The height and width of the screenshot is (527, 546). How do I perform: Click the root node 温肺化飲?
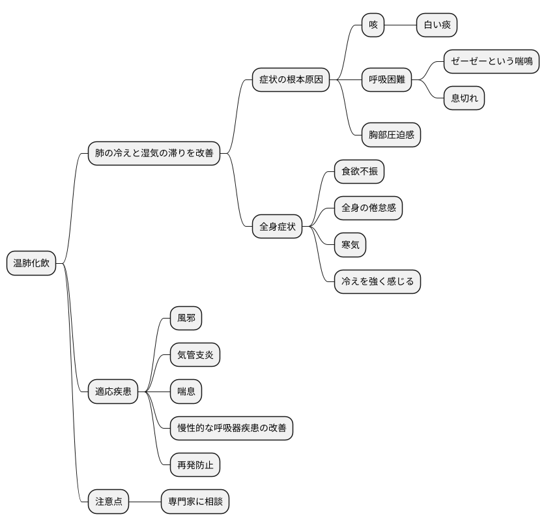31,263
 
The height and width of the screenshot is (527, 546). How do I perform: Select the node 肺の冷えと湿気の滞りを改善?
154,153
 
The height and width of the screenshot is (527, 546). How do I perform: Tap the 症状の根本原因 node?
291,79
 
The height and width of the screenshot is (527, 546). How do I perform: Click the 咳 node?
373,25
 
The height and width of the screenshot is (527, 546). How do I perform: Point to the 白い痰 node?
437,25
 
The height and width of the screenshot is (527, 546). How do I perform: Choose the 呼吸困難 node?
386,79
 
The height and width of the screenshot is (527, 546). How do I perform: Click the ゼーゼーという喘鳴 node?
491,62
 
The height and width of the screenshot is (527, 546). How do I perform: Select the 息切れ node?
464,98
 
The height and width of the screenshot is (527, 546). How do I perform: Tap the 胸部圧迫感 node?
391,135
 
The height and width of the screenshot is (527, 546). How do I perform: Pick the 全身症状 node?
277,227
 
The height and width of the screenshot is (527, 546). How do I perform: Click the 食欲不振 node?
360,171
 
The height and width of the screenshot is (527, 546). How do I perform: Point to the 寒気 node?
350,245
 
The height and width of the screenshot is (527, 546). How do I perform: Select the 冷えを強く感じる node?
377,281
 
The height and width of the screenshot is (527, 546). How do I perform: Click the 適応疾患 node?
113,392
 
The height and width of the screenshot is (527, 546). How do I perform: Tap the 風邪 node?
186,318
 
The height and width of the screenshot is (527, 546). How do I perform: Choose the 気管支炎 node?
195,354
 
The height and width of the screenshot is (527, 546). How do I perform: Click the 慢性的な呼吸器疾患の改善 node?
231,428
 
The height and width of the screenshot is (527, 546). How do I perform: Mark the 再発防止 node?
195,464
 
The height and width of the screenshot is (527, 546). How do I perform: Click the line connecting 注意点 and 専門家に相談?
145,502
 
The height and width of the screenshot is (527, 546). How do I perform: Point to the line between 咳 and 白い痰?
401,25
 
